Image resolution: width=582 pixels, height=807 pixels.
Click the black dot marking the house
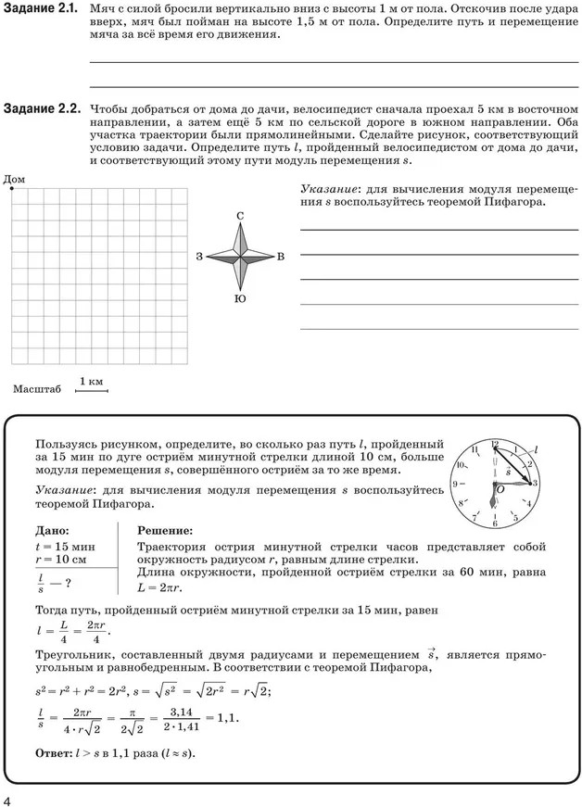[x=12, y=188]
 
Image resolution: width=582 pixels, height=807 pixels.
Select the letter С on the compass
[x=240, y=216]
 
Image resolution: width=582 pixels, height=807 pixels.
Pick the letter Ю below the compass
[x=240, y=298]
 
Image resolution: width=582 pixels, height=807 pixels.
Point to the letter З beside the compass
[x=199, y=257]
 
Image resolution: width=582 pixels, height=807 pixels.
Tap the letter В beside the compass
[x=281, y=257]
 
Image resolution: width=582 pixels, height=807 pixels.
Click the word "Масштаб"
[x=37, y=389]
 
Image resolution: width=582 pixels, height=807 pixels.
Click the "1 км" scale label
[x=91, y=382]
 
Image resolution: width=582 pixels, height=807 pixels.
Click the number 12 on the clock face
[x=495, y=444]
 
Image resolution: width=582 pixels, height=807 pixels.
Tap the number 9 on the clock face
[x=455, y=484]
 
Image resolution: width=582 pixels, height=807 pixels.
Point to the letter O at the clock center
[x=500, y=489]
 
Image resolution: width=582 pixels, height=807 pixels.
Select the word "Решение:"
[x=165, y=531]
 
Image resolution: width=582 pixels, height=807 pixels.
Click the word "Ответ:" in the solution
[x=53, y=752]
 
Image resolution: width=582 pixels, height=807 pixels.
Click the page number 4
[x=8, y=798]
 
